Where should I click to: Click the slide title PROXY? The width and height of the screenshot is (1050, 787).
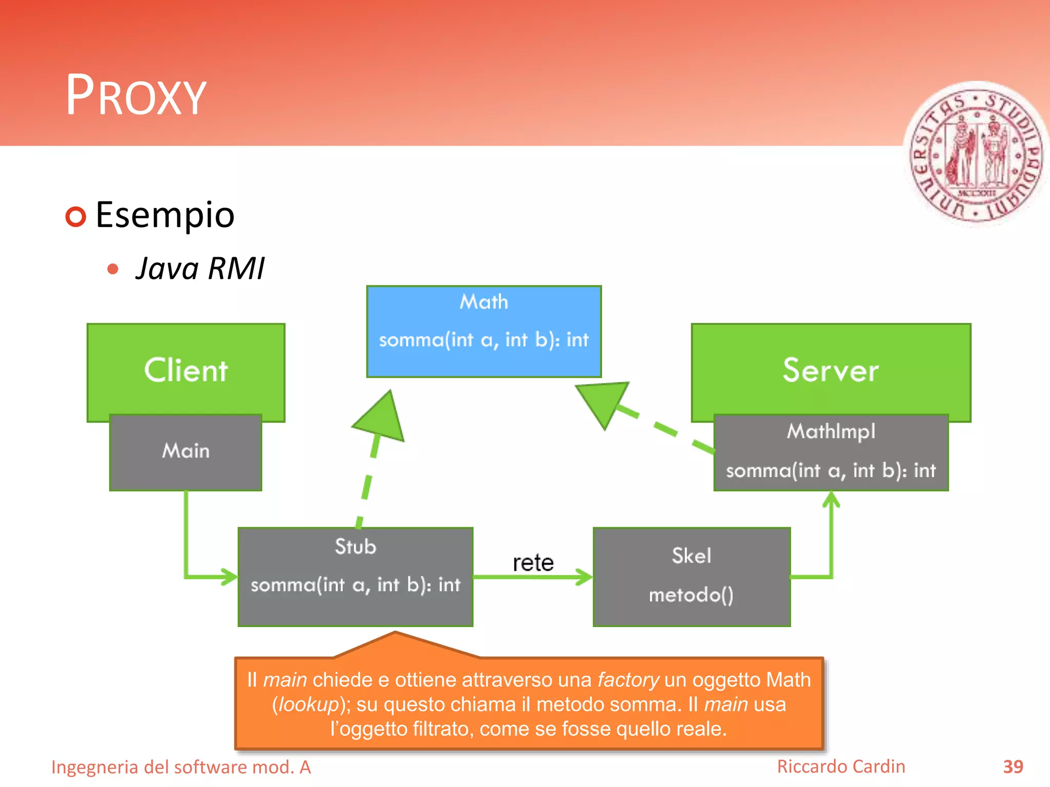point(136,95)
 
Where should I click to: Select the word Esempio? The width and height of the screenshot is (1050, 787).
point(165,215)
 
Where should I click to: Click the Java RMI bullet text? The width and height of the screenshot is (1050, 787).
point(200,268)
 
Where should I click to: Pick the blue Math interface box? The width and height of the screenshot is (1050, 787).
point(483,331)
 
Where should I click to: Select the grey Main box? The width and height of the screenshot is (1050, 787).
point(186,451)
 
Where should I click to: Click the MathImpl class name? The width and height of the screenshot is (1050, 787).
point(831,431)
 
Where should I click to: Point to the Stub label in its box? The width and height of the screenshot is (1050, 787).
point(355,547)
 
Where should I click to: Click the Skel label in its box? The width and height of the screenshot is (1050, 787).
point(691,556)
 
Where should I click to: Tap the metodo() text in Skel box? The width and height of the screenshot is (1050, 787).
point(691,595)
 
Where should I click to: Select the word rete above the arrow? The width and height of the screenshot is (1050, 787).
point(533,563)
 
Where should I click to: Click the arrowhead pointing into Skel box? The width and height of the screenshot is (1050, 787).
point(584,577)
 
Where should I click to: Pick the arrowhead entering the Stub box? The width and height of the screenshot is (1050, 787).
point(229,576)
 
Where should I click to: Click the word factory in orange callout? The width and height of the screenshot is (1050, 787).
point(628,680)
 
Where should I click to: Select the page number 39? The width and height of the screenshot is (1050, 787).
point(1013,767)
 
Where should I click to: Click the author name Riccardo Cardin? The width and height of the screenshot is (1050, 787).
point(841,767)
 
